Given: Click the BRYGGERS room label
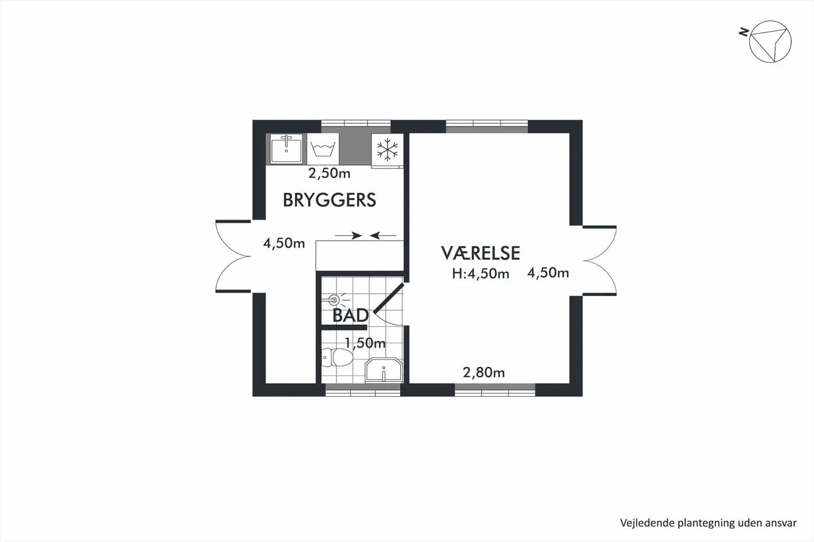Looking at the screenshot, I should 329,200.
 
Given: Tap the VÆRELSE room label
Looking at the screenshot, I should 480,253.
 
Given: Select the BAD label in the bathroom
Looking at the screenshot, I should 350,315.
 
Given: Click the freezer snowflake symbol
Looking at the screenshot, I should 387,150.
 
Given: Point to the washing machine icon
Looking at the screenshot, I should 323,149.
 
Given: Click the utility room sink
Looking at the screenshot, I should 287,149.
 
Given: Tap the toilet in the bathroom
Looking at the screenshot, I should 337,357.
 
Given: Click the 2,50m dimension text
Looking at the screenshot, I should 329,173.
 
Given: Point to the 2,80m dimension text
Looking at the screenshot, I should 483,372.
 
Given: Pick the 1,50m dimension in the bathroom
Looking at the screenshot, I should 365,343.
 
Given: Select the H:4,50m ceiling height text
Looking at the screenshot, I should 480,274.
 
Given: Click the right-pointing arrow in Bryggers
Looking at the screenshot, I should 348,236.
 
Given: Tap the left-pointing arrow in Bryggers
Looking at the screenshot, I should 383,236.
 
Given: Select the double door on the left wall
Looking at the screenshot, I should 233,256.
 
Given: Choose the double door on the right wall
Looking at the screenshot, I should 599,260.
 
